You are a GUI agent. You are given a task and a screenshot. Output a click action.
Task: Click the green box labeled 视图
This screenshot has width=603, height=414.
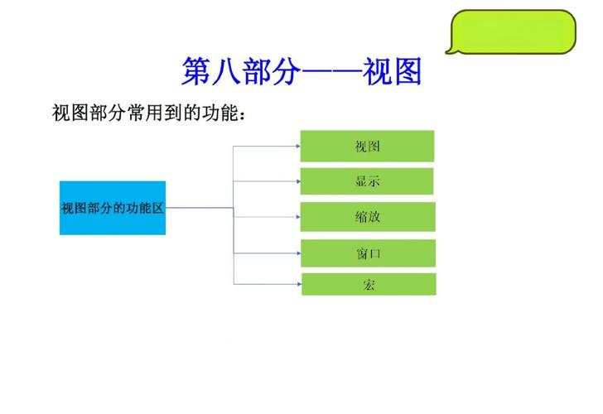[367, 146]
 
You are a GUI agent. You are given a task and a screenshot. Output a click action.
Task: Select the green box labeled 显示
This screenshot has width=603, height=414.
[367, 181]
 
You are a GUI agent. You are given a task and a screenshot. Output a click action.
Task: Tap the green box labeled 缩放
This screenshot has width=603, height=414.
[367, 217]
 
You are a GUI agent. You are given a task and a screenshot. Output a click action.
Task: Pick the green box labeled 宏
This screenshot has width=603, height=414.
[367, 284]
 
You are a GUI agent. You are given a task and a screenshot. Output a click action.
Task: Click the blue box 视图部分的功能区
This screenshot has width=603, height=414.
[113, 208]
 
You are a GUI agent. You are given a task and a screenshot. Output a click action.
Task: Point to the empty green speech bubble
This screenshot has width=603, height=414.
[511, 31]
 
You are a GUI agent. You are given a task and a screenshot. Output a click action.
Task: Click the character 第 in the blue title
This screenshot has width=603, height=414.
[196, 72]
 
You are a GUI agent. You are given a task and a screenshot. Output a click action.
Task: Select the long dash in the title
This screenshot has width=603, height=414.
[331, 73]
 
